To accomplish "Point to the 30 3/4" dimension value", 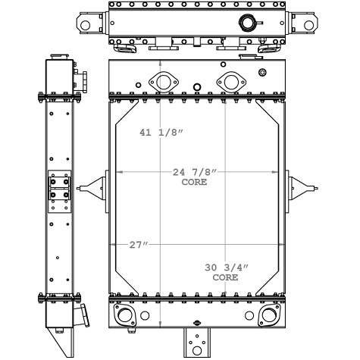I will tap(225, 268).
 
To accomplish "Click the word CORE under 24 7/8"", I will tap(195, 183).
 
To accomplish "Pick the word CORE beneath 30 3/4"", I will tap(225, 278).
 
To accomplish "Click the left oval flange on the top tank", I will tap(161, 80).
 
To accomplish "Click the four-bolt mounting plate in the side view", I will tap(59, 189).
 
